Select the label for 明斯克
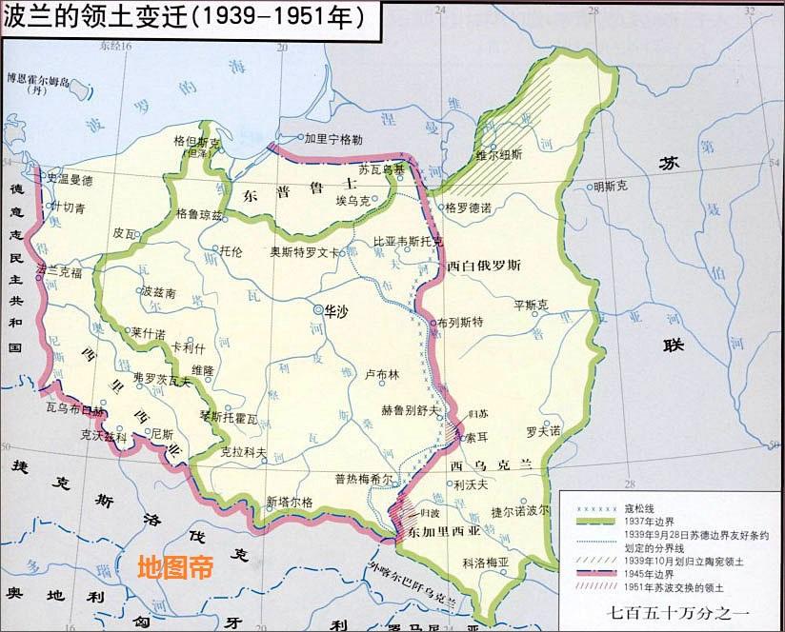coord(611,187)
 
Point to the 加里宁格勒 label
coord(333,138)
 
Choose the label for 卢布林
coord(381,375)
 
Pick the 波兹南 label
coord(157,293)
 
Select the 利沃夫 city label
coord(471,484)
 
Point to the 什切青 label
coord(69,207)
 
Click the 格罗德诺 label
coord(468,207)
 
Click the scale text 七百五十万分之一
coord(672,615)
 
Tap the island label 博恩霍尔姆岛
coord(39,81)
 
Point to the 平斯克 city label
coord(532,306)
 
